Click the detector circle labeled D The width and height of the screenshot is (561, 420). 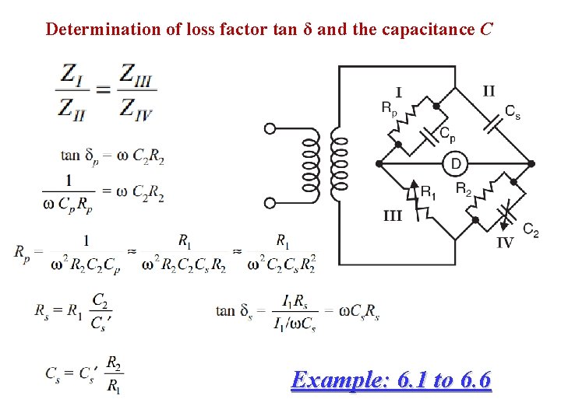coord(456,164)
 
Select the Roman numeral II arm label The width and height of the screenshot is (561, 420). coord(489,91)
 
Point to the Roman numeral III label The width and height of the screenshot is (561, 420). coord(393,215)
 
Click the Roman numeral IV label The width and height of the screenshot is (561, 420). coord(505,242)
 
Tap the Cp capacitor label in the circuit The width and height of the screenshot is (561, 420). coord(447,134)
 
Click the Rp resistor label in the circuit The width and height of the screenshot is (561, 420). coord(389,109)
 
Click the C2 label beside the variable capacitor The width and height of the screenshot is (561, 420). coord(531,229)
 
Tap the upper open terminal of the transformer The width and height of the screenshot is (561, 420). coord(270,129)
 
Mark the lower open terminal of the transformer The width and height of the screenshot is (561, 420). coord(270,203)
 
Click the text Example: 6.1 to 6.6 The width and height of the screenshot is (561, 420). coord(390,380)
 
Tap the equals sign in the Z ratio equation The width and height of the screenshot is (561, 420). coord(103,90)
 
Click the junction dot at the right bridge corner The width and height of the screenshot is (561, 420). coord(531,164)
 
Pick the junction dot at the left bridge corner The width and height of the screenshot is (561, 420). coord(379,164)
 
